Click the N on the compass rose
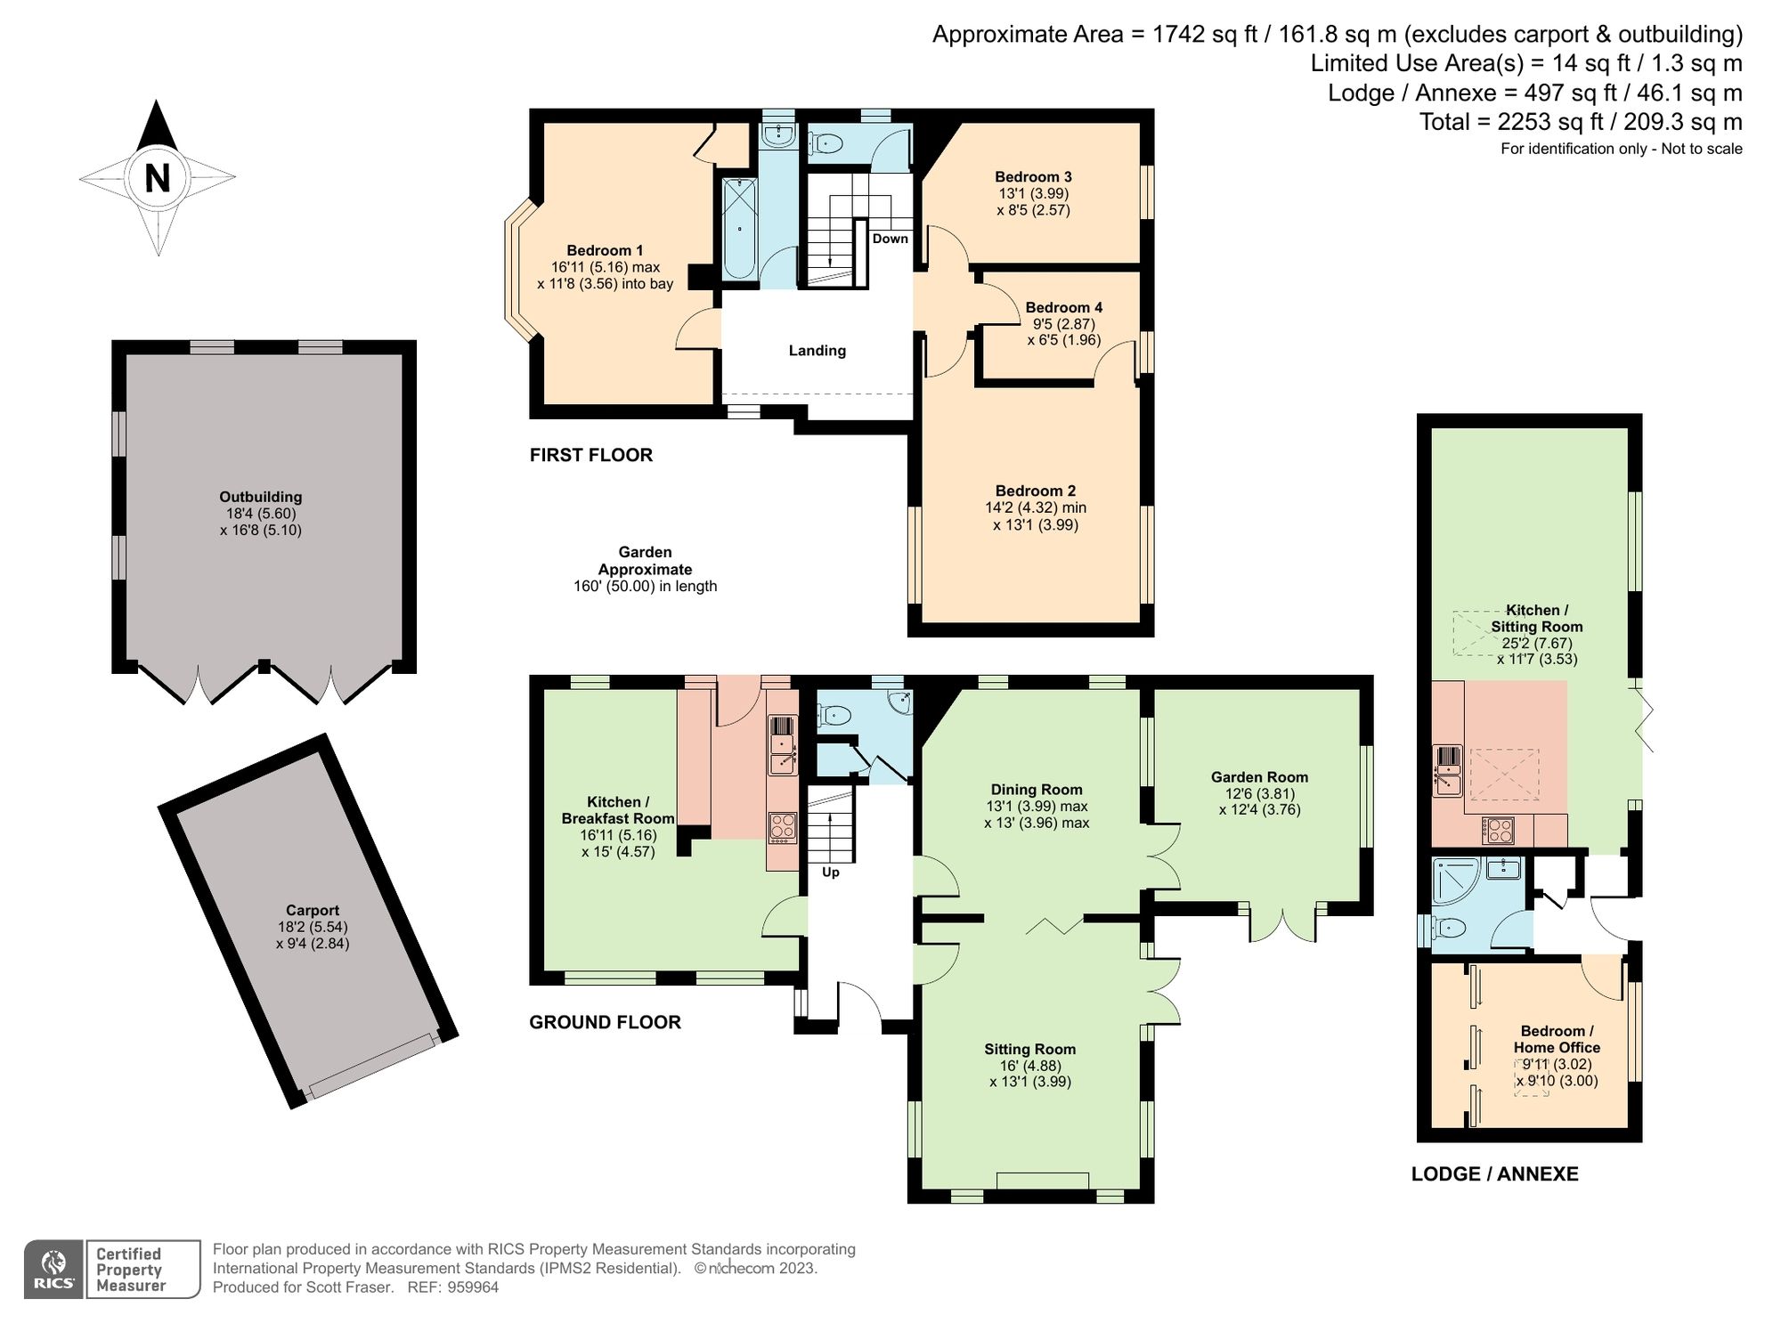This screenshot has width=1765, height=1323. tap(158, 178)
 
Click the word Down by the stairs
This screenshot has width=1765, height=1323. tap(890, 239)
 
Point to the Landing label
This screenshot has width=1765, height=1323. tap(817, 351)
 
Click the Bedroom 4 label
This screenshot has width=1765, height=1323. tap(1063, 308)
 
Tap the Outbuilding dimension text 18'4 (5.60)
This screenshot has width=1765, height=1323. tap(261, 514)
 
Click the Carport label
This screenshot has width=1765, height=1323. tap(312, 910)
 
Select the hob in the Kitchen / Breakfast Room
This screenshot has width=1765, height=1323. tap(783, 827)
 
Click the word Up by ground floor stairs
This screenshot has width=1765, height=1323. tap(830, 873)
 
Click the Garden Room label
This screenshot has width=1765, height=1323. tap(1258, 777)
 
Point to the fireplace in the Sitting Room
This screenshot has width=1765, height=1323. tap(1042, 1181)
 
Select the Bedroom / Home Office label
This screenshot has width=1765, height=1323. tap(1556, 1039)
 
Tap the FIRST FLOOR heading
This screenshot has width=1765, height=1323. tap(590, 455)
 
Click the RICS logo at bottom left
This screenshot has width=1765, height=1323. tap(54, 1269)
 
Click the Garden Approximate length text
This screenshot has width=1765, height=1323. tap(645, 569)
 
